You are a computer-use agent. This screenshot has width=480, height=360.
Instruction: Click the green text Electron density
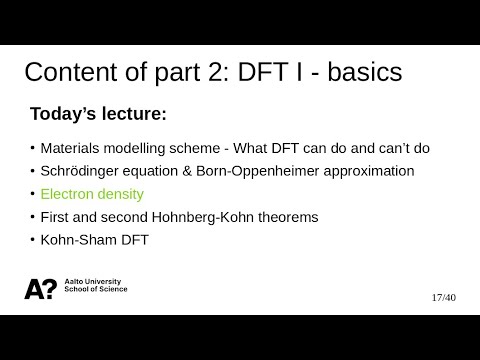tap(92, 194)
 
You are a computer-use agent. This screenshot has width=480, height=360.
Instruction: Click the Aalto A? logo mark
tap(40, 288)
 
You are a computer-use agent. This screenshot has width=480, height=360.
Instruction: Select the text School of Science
tap(95, 291)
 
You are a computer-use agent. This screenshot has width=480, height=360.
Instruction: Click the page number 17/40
tap(443, 297)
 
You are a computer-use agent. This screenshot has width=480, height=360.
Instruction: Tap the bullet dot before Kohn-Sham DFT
tap(32, 239)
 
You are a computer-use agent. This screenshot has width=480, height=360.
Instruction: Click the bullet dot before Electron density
tap(32, 193)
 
